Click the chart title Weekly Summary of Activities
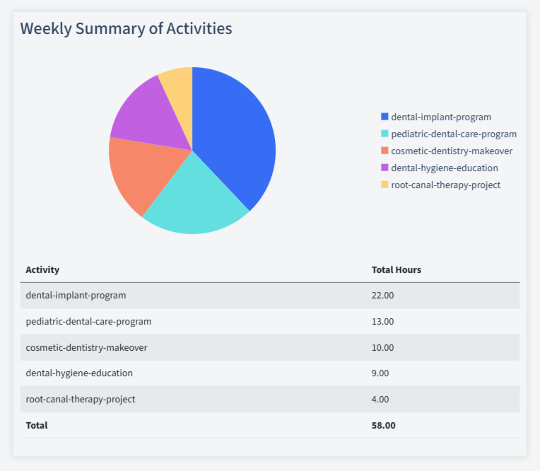pyautogui.click(x=126, y=29)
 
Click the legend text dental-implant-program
pyautogui.click(x=440, y=117)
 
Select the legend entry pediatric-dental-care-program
pyautogui.click(x=453, y=134)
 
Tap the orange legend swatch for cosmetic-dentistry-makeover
pyautogui.click(x=385, y=151)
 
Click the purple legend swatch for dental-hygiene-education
pyautogui.click(x=385, y=168)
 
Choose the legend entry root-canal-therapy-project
pyautogui.click(x=445, y=185)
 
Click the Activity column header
pyautogui.click(x=42, y=269)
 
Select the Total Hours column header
pyautogui.click(x=396, y=269)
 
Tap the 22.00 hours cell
pyautogui.click(x=382, y=295)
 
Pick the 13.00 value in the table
pyautogui.click(x=382, y=321)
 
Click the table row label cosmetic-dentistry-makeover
pyautogui.click(x=86, y=347)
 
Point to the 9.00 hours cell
pyautogui.click(x=380, y=373)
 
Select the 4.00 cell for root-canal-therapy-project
pyautogui.click(x=380, y=399)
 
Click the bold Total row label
pyautogui.click(x=37, y=425)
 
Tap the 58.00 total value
pyautogui.click(x=383, y=425)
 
